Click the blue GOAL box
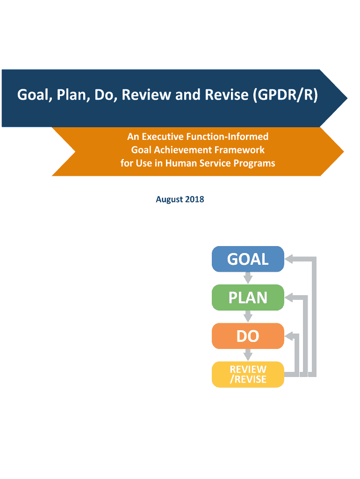248,259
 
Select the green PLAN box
248,298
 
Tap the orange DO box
248,336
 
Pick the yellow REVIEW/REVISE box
248,374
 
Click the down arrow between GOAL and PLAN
248,278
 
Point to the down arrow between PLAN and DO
248,317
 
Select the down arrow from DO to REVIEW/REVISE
248,355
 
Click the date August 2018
180,200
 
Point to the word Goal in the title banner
34,95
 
